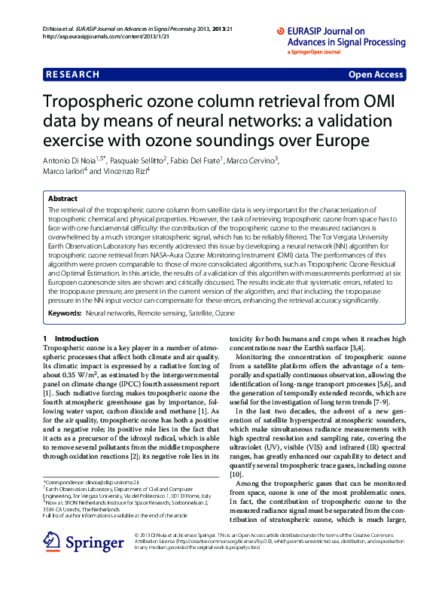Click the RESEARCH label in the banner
pyautogui.click(x=72, y=75)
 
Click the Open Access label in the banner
pyautogui.click(x=377, y=75)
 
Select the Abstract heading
pyautogui.click(x=62, y=199)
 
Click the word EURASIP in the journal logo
pyautogui.click(x=298, y=31)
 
